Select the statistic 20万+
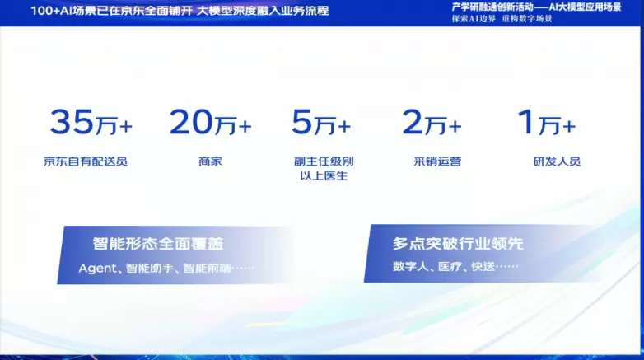coord(210,123)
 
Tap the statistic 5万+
coord(320,123)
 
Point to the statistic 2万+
coord(432,123)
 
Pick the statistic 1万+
coord(545,123)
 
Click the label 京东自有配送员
coord(86,161)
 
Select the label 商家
coord(210,161)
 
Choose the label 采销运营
coord(437,161)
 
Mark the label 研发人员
coord(557,161)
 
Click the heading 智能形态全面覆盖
coord(157,244)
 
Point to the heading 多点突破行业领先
coord(458,244)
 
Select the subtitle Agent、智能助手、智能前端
coord(166,268)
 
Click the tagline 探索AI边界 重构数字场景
coord(502,19)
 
